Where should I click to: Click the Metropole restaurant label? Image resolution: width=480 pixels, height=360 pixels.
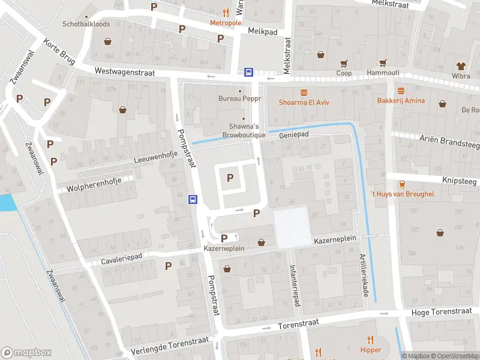point(226,23)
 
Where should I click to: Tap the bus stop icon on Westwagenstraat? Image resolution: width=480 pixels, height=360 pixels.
point(248,72)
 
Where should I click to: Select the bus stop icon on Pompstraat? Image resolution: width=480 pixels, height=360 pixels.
point(193,199)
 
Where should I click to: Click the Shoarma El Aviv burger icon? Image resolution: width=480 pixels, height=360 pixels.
point(304,92)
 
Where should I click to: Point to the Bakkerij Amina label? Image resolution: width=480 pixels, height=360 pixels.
point(401,100)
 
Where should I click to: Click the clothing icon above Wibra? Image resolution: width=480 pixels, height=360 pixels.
point(461,66)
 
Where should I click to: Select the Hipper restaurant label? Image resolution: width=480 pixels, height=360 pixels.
point(371,350)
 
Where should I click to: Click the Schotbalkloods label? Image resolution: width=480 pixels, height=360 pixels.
point(86,25)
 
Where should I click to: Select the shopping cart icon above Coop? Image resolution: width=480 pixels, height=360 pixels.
point(344,63)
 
